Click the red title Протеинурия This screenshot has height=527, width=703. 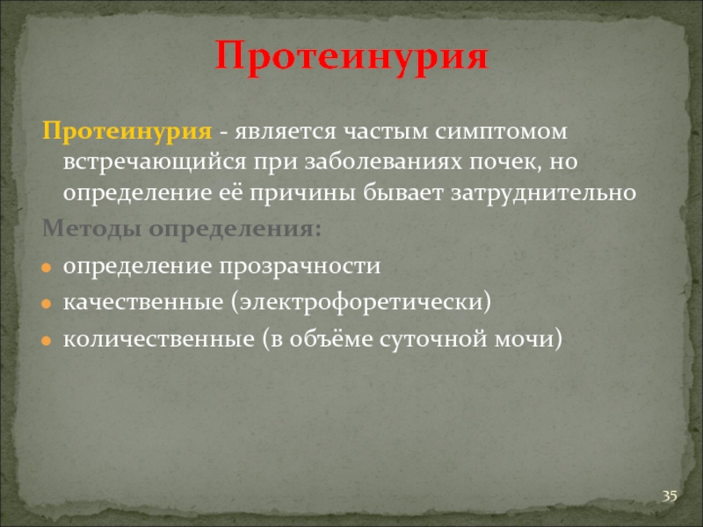351,58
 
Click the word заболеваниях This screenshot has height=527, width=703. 383,162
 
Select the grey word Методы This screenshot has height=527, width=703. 92,229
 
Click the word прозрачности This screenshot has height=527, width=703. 300,267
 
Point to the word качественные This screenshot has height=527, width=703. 143,302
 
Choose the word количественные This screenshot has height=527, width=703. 159,339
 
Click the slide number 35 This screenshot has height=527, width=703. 670,496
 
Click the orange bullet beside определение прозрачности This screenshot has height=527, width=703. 47,268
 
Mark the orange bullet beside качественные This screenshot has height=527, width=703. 47,304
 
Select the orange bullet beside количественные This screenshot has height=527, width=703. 47,341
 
